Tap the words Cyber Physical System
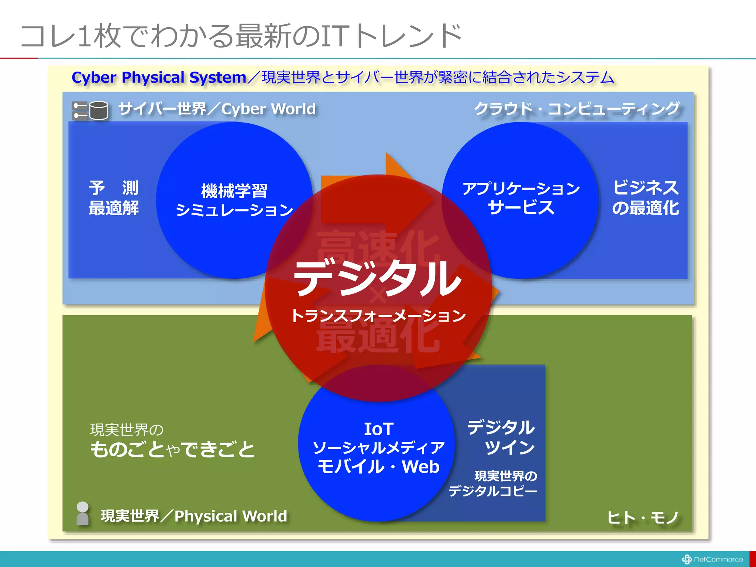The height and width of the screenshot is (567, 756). (159, 78)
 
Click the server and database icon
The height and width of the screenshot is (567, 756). (90, 110)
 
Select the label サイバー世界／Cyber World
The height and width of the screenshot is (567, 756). (217, 109)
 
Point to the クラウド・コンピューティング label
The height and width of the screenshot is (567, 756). (577, 109)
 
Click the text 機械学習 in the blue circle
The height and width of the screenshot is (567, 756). (234, 191)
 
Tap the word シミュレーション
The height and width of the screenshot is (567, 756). (234, 210)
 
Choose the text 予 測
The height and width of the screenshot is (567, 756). (114, 188)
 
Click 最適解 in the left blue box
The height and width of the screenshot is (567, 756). (114, 208)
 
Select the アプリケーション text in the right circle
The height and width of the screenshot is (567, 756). (521, 189)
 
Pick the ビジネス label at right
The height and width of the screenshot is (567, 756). (646, 188)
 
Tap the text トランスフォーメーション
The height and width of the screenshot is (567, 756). (378, 316)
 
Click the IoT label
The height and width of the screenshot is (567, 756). (378, 429)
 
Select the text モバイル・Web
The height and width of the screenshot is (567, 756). (378, 467)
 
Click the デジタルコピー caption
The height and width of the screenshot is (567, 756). (493, 491)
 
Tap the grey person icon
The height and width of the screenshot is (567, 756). (82, 513)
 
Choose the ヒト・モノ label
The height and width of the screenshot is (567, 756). (643, 517)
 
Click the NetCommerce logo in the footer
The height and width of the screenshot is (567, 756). (712, 559)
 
